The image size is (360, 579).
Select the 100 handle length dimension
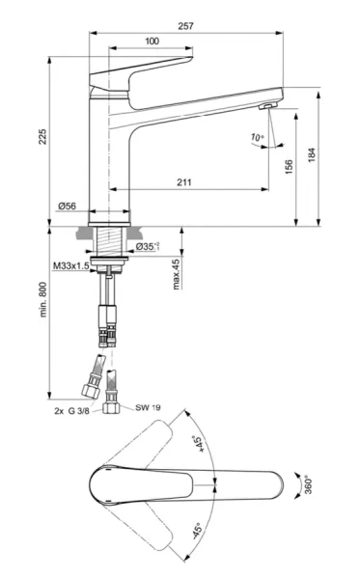click(x=152, y=41)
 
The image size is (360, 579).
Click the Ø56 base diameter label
click(x=68, y=207)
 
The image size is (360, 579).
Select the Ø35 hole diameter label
click(x=147, y=247)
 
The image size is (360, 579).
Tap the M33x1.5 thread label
click(x=72, y=265)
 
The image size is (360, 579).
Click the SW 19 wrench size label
click(x=148, y=408)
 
